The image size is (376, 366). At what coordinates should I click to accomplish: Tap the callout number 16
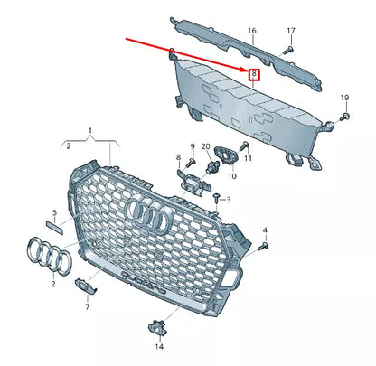click(253, 31)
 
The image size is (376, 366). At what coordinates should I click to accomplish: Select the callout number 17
click(291, 31)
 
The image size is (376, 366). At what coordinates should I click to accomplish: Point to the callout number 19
click(344, 97)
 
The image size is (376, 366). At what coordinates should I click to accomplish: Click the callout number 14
click(159, 346)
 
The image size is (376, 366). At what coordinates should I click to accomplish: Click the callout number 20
click(206, 146)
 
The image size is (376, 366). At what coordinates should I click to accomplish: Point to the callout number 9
click(192, 146)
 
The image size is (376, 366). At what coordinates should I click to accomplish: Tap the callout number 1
click(89, 131)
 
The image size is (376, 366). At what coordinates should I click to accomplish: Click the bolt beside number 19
click(345, 116)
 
